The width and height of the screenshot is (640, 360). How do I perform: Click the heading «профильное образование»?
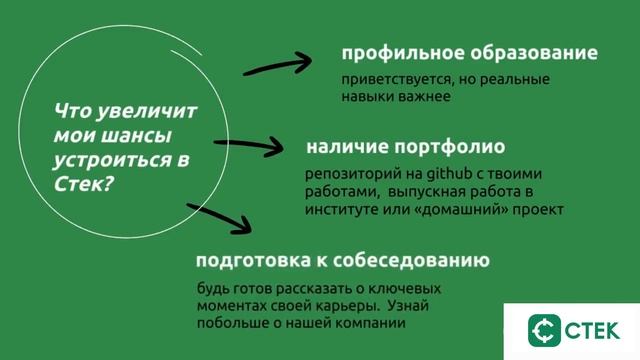[x=469, y=52]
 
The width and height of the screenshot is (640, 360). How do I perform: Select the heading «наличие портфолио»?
[x=405, y=146]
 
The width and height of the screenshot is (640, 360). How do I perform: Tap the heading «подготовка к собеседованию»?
[x=342, y=262]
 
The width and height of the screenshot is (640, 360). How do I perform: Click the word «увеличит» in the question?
[x=149, y=111]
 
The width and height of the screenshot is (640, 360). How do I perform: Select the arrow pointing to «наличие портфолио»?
[x=258, y=145]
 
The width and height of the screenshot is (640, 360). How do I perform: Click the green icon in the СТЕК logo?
[x=546, y=330]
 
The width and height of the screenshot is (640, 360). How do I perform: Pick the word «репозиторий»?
[x=347, y=174]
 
